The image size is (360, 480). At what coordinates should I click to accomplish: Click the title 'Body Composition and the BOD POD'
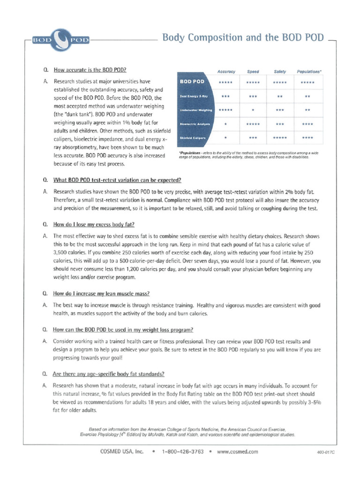(242, 38)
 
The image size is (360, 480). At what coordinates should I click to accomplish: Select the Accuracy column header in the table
(226, 72)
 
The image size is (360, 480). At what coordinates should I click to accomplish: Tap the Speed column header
(253, 72)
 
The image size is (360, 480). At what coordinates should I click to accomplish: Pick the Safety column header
(280, 72)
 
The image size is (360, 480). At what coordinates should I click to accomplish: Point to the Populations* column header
(309, 72)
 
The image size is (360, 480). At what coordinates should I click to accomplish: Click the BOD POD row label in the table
(192, 82)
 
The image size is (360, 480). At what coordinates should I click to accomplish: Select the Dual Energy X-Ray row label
(194, 96)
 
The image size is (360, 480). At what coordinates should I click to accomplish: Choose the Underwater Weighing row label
(196, 110)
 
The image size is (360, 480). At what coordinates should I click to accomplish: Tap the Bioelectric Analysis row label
(195, 124)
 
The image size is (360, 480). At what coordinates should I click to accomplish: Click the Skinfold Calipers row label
(193, 138)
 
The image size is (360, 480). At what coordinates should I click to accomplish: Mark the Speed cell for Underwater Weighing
(253, 110)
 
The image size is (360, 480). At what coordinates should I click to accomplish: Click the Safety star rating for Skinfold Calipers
(280, 138)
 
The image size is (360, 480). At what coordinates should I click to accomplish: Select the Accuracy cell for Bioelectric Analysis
(226, 124)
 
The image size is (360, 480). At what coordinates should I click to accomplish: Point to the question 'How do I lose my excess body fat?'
(94, 225)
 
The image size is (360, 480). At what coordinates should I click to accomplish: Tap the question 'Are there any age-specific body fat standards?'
(108, 374)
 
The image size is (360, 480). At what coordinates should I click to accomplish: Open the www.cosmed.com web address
(238, 452)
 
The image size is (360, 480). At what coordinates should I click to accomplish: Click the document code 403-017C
(326, 453)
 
